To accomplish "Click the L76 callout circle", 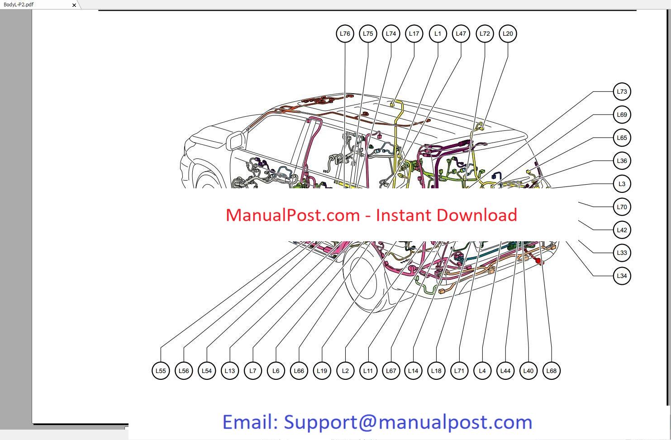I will (345, 33).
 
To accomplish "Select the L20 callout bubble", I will (508, 33).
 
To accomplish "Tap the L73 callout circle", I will (622, 91).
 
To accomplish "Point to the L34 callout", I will (622, 276).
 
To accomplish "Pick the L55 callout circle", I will (161, 371).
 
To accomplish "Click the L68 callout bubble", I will (551, 371).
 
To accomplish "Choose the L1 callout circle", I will (438, 33).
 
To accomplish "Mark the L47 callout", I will (461, 33).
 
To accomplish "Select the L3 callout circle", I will (622, 184).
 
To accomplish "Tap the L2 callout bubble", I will (345, 371).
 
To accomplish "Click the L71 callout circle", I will (459, 371).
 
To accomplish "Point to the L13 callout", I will (230, 371).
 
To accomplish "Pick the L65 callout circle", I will (622, 138).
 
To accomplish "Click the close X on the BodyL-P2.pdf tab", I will (74, 5).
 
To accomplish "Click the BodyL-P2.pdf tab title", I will (19, 5).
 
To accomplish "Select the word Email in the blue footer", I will (250, 422).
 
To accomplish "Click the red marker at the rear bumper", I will (538, 261).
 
